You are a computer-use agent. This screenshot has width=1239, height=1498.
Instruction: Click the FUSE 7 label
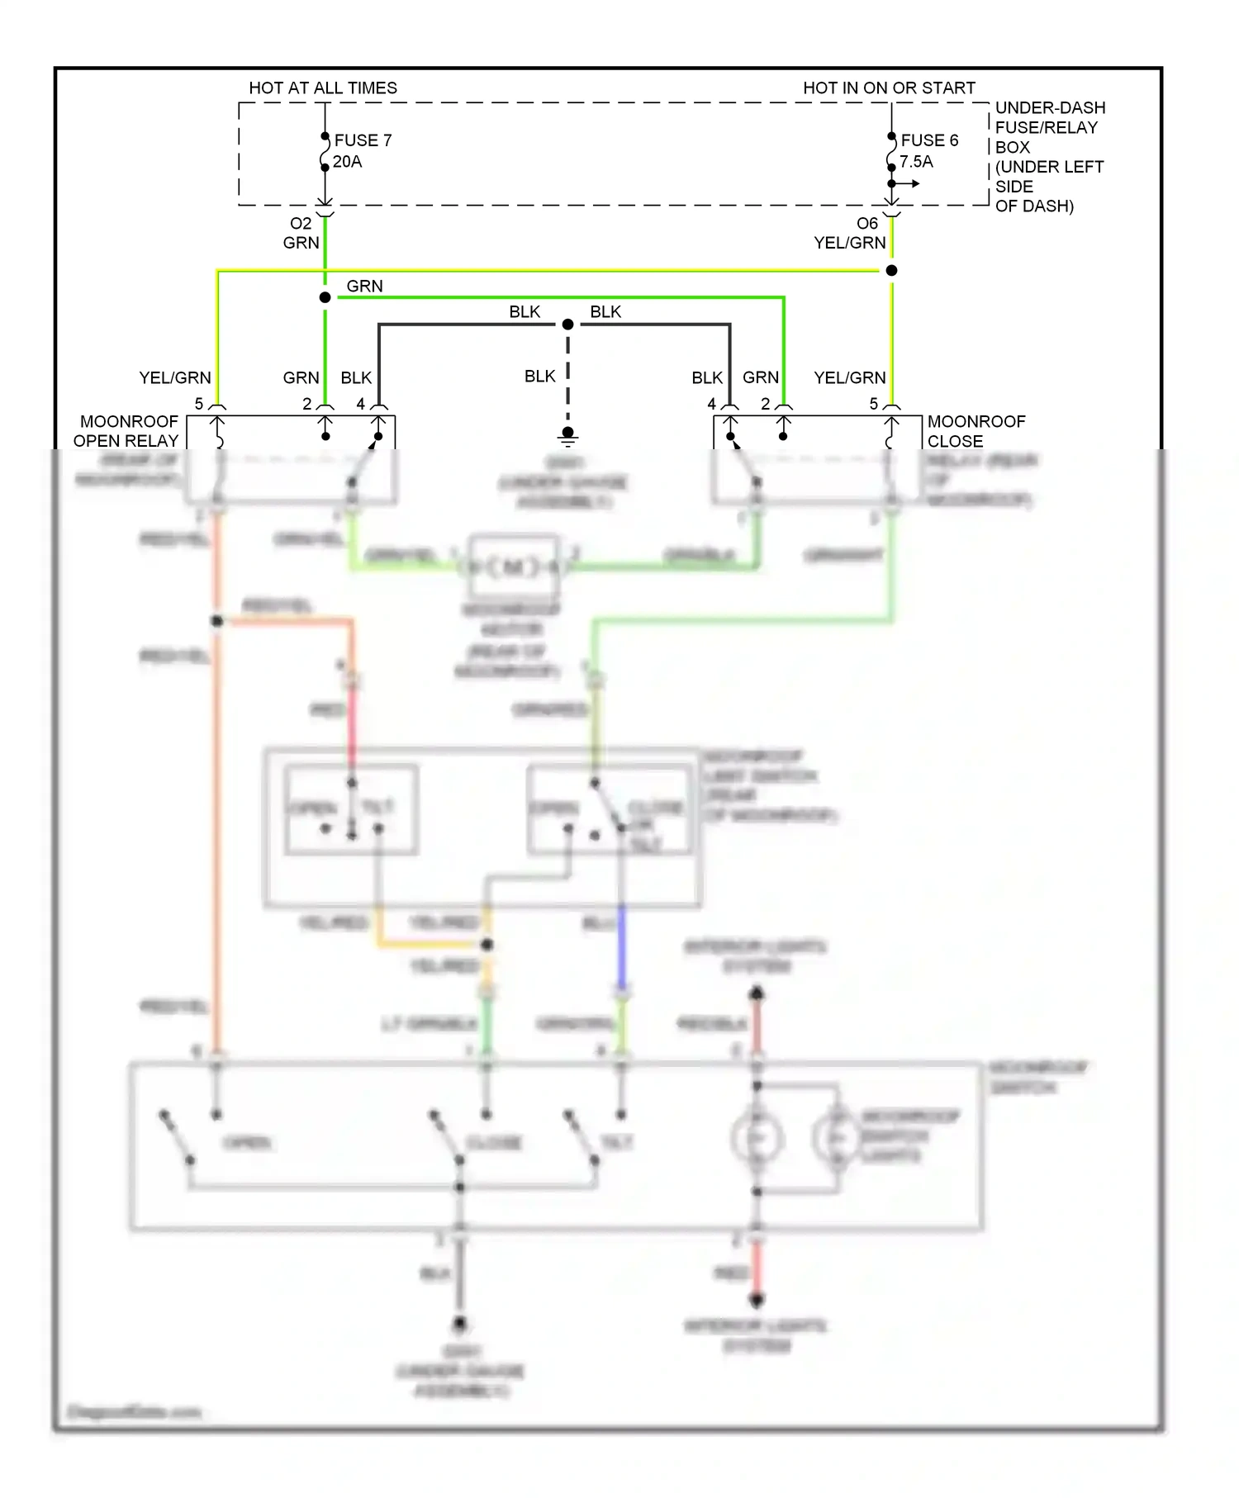(363, 140)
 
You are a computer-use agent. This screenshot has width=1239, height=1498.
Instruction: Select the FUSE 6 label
(929, 140)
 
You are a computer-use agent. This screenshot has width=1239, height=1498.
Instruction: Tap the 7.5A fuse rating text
(916, 162)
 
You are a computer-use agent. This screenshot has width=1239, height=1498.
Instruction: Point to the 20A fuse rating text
(347, 162)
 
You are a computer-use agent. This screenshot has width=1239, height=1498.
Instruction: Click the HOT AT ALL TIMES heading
(323, 88)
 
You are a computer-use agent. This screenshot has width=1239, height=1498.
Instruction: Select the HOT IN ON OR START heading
(889, 88)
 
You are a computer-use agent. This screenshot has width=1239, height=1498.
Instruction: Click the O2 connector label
(301, 223)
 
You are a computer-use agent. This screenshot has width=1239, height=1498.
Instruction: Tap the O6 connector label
(867, 223)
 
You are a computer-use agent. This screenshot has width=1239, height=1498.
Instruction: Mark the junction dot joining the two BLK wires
(567, 325)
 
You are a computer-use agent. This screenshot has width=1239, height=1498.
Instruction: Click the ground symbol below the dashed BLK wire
(567, 435)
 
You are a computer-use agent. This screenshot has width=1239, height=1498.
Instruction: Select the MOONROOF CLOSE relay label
(975, 431)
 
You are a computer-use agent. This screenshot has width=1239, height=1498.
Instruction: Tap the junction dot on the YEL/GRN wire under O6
(891, 271)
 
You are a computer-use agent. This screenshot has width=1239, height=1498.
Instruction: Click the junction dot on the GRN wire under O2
(325, 297)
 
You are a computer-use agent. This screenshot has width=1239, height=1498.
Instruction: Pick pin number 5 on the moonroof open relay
(199, 404)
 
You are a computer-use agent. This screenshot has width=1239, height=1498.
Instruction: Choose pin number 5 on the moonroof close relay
(874, 404)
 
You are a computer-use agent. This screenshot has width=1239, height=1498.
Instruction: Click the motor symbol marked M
(513, 567)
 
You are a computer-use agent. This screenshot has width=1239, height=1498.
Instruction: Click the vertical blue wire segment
(621, 950)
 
